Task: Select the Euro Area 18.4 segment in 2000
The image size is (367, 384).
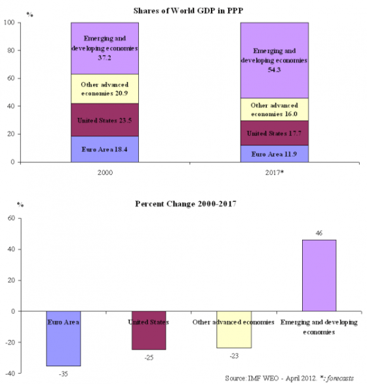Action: click(x=105, y=149)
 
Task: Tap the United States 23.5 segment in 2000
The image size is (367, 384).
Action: click(x=105, y=120)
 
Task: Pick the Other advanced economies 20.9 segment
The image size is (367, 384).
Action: click(x=105, y=88)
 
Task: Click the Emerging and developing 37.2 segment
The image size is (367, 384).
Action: click(x=105, y=48)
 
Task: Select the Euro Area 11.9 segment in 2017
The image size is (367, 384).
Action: click(x=274, y=154)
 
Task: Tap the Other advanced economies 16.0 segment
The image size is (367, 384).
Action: click(x=274, y=109)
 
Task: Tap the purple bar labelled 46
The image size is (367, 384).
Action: click(x=319, y=275)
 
